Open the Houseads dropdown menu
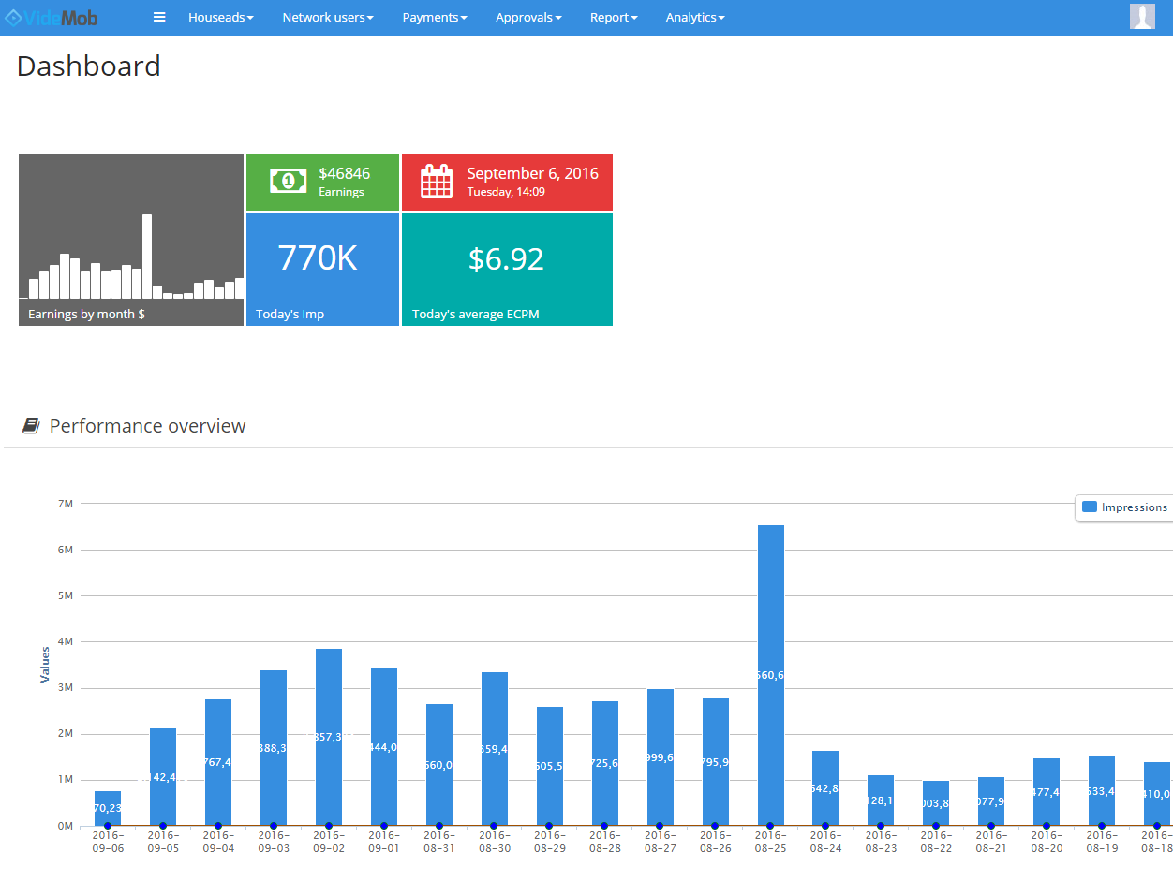click(220, 18)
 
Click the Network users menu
click(327, 18)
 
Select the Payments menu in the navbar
click(434, 18)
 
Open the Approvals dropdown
click(528, 18)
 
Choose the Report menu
click(613, 18)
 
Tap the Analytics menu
click(694, 18)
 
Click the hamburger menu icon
click(159, 18)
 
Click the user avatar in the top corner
click(1142, 17)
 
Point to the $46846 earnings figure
click(344, 173)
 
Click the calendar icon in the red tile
click(437, 181)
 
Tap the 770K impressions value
click(318, 258)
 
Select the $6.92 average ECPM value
click(506, 259)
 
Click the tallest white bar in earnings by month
click(147, 256)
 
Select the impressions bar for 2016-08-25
click(770, 674)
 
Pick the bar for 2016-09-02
click(328, 736)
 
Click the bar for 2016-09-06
click(108, 808)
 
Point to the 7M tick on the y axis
click(65, 504)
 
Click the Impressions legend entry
click(1125, 507)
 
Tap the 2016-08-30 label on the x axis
click(494, 841)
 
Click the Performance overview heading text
click(147, 426)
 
